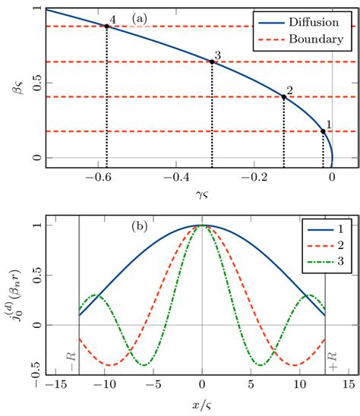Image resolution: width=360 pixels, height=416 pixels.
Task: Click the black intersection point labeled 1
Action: click(323, 131)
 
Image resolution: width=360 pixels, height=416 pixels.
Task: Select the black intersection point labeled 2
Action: click(284, 96)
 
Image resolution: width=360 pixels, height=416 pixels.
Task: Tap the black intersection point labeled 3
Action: click(212, 61)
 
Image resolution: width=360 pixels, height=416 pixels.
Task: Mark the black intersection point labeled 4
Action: click(106, 26)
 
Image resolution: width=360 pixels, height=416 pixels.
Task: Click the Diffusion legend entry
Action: click(308, 22)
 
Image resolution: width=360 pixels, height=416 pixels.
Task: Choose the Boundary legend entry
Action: click(308, 38)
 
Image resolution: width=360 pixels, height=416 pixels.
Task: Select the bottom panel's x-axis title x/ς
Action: click(201, 406)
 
